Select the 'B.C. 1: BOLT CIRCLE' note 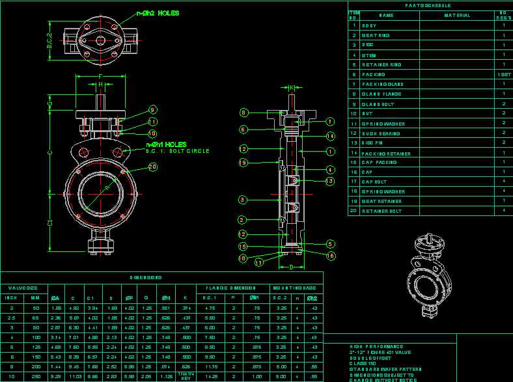pyautogui.click(x=177, y=151)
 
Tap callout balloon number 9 pyautogui.click(x=152, y=110)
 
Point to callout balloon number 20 pyautogui.click(x=152, y=167)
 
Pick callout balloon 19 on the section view pyautogui.click(x=243, y=163)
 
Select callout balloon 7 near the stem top pyautogui.click(x=330, y=121)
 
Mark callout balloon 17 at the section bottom pyautogui.click(x=258, y=263)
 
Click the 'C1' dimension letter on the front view pyautogui.click(x=51, y=223)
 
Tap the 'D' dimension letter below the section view pyautogui.click(x=292, y=267)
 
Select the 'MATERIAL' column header pyautogui.click(x=457, y=15)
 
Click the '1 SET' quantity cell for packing pyautogui.click(x=504, y=74)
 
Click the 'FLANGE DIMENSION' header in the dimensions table pyautogui.click(x=229, y=287)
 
